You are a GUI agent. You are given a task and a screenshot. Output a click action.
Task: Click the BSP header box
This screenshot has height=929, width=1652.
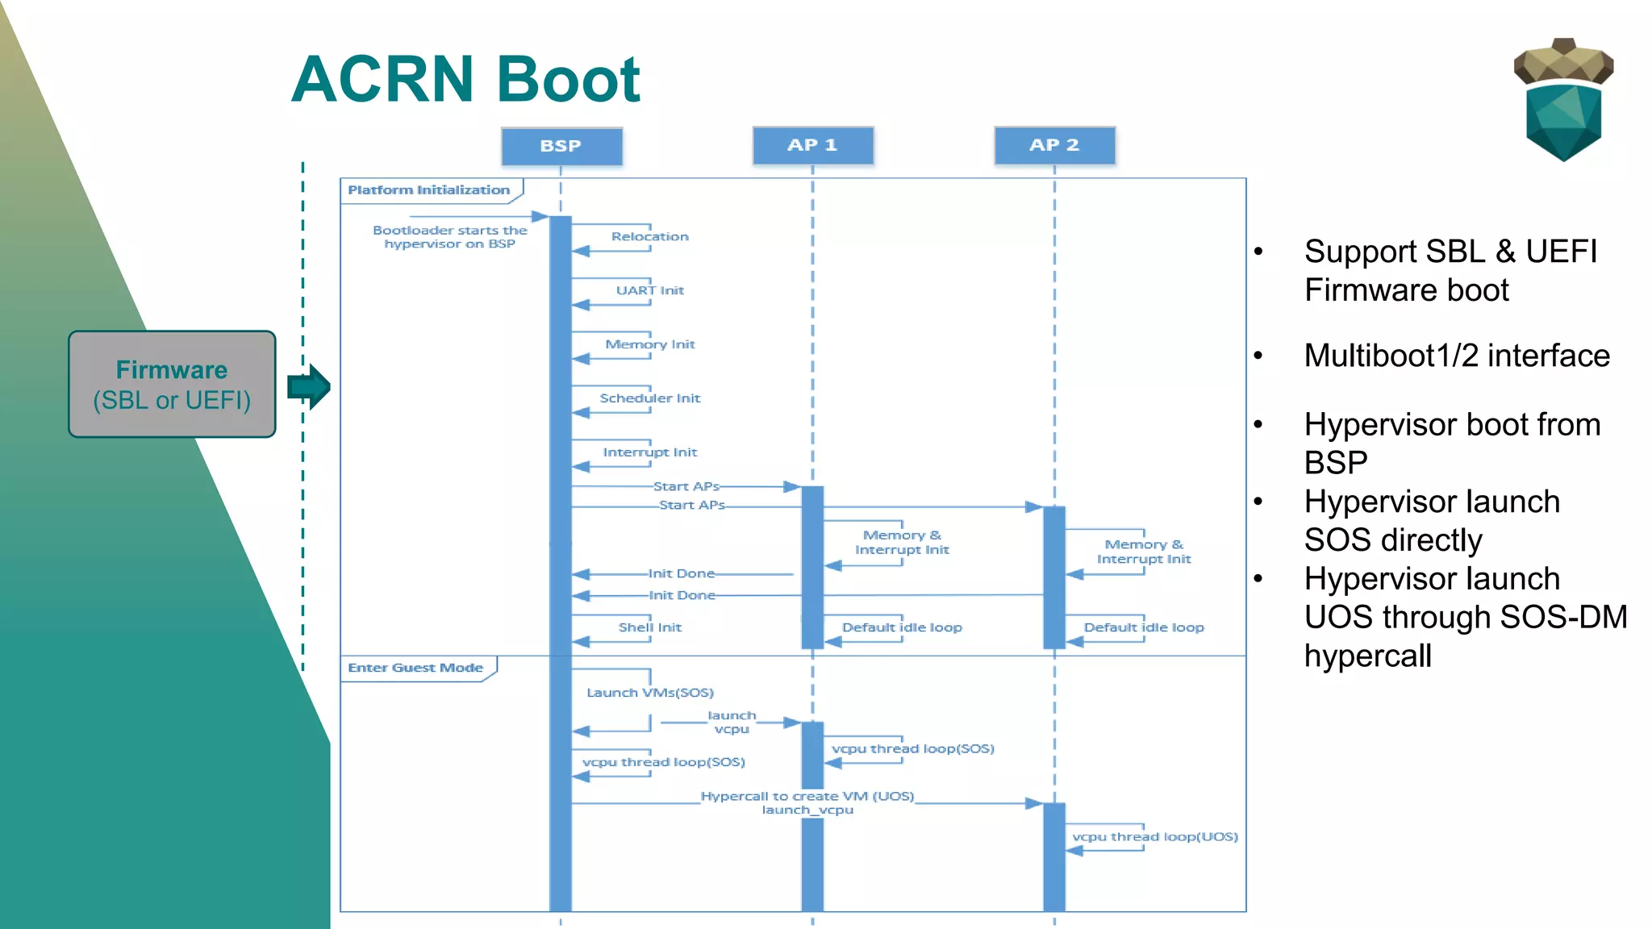[x=561, y=146]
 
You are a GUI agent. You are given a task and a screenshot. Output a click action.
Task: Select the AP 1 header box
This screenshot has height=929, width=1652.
[x=812, y=145]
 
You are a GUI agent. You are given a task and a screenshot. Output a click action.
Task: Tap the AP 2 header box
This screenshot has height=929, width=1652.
[x=1054, y=145]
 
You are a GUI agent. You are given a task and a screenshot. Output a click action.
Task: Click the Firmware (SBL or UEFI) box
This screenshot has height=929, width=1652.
[x=172, y=384]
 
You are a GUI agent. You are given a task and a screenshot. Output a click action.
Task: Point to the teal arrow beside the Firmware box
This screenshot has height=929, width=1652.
[x=309, y=386]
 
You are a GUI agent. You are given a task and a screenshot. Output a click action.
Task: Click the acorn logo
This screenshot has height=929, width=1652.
[x=1563, y=99]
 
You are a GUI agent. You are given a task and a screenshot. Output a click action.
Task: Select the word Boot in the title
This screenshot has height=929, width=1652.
[x=568, y=80]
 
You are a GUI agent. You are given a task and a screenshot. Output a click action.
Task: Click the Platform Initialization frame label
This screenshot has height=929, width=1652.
[x=429, y=190]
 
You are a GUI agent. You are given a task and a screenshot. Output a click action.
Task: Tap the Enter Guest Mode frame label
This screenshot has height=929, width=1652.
[x=415, y=668]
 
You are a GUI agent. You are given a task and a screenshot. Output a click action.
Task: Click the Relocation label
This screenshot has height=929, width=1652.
[x=649, y=236]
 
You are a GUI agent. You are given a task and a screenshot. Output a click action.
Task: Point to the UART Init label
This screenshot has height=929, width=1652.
[x=649, y=290]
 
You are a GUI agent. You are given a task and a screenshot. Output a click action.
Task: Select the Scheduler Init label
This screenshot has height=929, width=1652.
[x=649, y=398]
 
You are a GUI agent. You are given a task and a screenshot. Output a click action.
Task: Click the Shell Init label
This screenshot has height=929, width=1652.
[x=649, y=627]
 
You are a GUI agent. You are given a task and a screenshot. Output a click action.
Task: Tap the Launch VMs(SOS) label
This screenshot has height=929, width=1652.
[x=649, y=693]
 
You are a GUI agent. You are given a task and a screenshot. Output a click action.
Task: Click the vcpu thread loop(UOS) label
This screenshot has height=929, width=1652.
[x=1154, y=837]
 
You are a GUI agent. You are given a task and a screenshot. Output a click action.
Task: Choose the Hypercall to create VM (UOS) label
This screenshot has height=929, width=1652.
[x=807, y=796]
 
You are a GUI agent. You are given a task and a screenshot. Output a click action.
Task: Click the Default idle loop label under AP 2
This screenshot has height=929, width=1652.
[x=1143, y=627]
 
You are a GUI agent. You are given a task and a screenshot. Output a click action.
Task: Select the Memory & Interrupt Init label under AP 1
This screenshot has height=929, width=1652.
[x=902, y=542]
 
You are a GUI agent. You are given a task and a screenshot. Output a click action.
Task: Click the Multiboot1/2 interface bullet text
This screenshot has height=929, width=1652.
[x=1456, y=356]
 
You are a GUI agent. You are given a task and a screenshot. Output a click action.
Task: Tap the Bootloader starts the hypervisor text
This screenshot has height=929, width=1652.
[x=449, y=237]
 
